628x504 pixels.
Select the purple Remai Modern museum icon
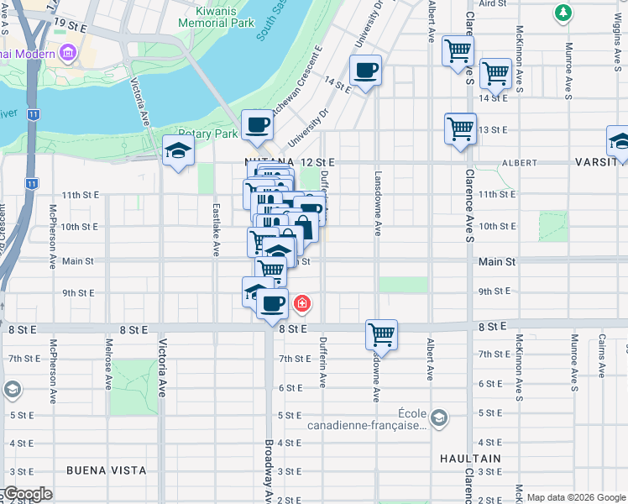(67, 55)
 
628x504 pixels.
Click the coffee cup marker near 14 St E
(365, 71)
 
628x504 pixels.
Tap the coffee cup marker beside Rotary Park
(258, 125)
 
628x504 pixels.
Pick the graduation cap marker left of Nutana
(178, 150)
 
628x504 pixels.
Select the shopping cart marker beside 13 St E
(460, 129)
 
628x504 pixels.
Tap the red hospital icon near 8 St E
(301, 303)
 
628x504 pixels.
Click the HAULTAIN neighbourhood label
(471, 459)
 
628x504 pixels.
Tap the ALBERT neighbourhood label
(519, 162)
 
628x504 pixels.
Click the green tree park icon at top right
(563, 13)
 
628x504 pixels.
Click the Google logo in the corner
(27, 494)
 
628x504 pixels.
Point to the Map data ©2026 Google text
(574, 497)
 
